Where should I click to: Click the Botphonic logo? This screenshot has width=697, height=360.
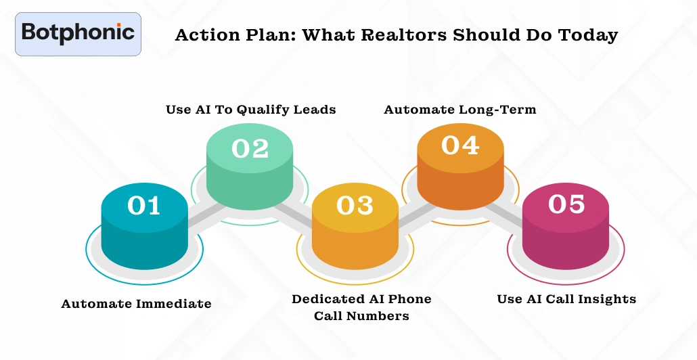(78, 33)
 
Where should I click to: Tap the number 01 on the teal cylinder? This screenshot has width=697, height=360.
(144, 205)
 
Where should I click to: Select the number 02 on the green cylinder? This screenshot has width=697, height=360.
(250, 148)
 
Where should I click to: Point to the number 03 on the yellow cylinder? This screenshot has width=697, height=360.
(355, 205)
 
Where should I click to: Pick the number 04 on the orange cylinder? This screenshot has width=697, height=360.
(460, 145)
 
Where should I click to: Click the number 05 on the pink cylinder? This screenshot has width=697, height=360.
(566, 204)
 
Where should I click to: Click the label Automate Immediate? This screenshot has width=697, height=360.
(136, 304)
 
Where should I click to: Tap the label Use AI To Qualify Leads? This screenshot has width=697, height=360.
(250, 110)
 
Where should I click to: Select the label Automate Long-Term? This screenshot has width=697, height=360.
(460, 110)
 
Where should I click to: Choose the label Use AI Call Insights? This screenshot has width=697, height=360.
(566, 299)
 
